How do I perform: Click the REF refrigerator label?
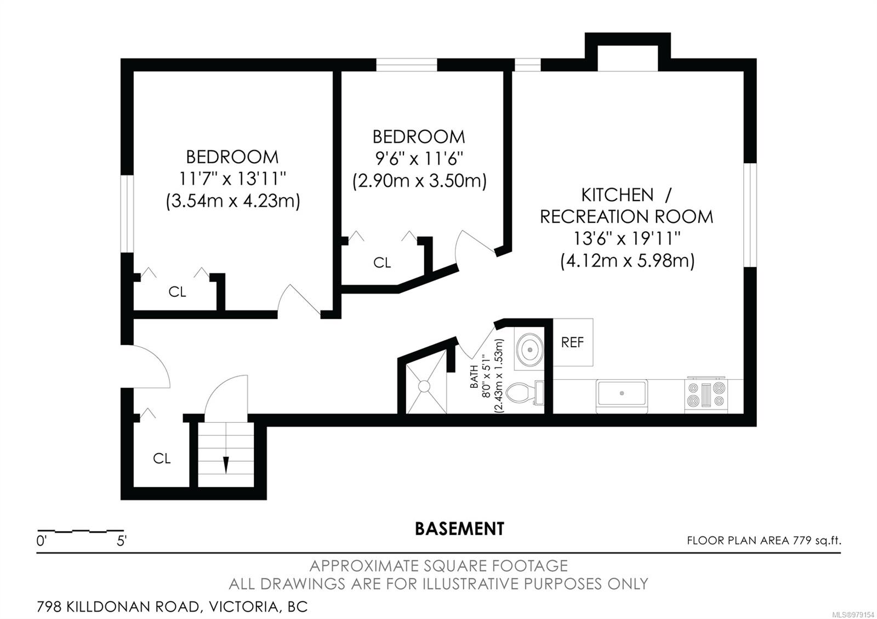tap(572, 342)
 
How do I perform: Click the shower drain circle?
tap(424, 386)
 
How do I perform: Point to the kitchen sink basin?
tap(622, 394)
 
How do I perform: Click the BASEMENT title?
tap(459, 529)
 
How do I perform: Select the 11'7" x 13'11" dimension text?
tap(232, 179)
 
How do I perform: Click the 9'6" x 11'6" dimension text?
tap(419, 159)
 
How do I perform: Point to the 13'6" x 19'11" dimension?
tap(627, 238)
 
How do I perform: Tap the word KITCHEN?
tap(617, 195)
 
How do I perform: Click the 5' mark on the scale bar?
tap(121, 541)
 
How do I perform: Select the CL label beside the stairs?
tap(162, 458)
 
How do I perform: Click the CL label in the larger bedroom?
tap(177, 292)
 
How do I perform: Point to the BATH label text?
tap(474, 376)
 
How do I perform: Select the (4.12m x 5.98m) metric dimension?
tap(627, 261)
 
